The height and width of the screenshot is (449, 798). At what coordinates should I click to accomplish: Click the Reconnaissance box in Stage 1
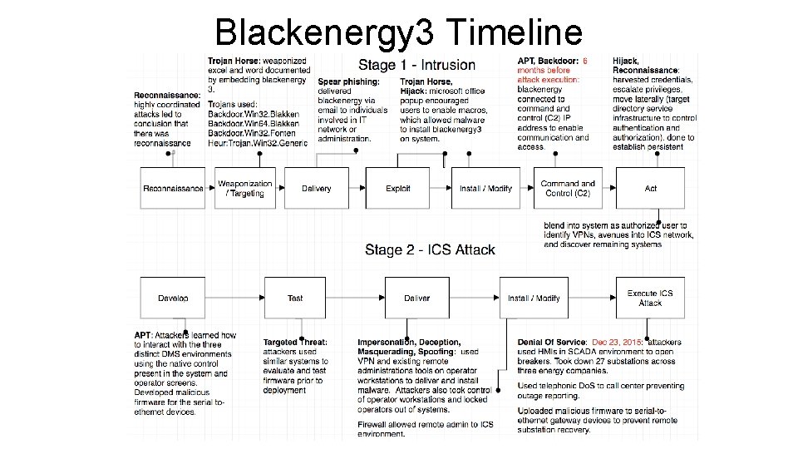173,188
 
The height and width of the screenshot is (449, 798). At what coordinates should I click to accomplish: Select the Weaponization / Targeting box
245,188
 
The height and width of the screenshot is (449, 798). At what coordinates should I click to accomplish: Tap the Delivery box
316,188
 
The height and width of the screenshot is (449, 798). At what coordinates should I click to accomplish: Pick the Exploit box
398,188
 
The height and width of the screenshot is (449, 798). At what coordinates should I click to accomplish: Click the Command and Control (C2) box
568,188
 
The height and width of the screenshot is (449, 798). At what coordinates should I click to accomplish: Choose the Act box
651,188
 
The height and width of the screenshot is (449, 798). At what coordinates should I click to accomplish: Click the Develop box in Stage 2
173,299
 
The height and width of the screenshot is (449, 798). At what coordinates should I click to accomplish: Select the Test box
295,299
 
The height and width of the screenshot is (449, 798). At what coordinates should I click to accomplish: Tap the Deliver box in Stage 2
417,299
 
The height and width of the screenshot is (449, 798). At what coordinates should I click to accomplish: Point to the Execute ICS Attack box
650,299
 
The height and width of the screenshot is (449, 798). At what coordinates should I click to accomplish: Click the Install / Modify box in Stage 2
534,299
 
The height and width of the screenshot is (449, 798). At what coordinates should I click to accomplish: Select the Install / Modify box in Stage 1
485,188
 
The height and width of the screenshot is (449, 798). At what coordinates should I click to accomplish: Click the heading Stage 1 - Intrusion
416,65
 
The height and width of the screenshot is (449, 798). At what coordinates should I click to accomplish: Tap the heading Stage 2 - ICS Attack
430,249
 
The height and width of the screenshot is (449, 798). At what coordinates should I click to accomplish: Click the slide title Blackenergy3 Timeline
398,32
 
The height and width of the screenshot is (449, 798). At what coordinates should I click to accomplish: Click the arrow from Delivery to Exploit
356,188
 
